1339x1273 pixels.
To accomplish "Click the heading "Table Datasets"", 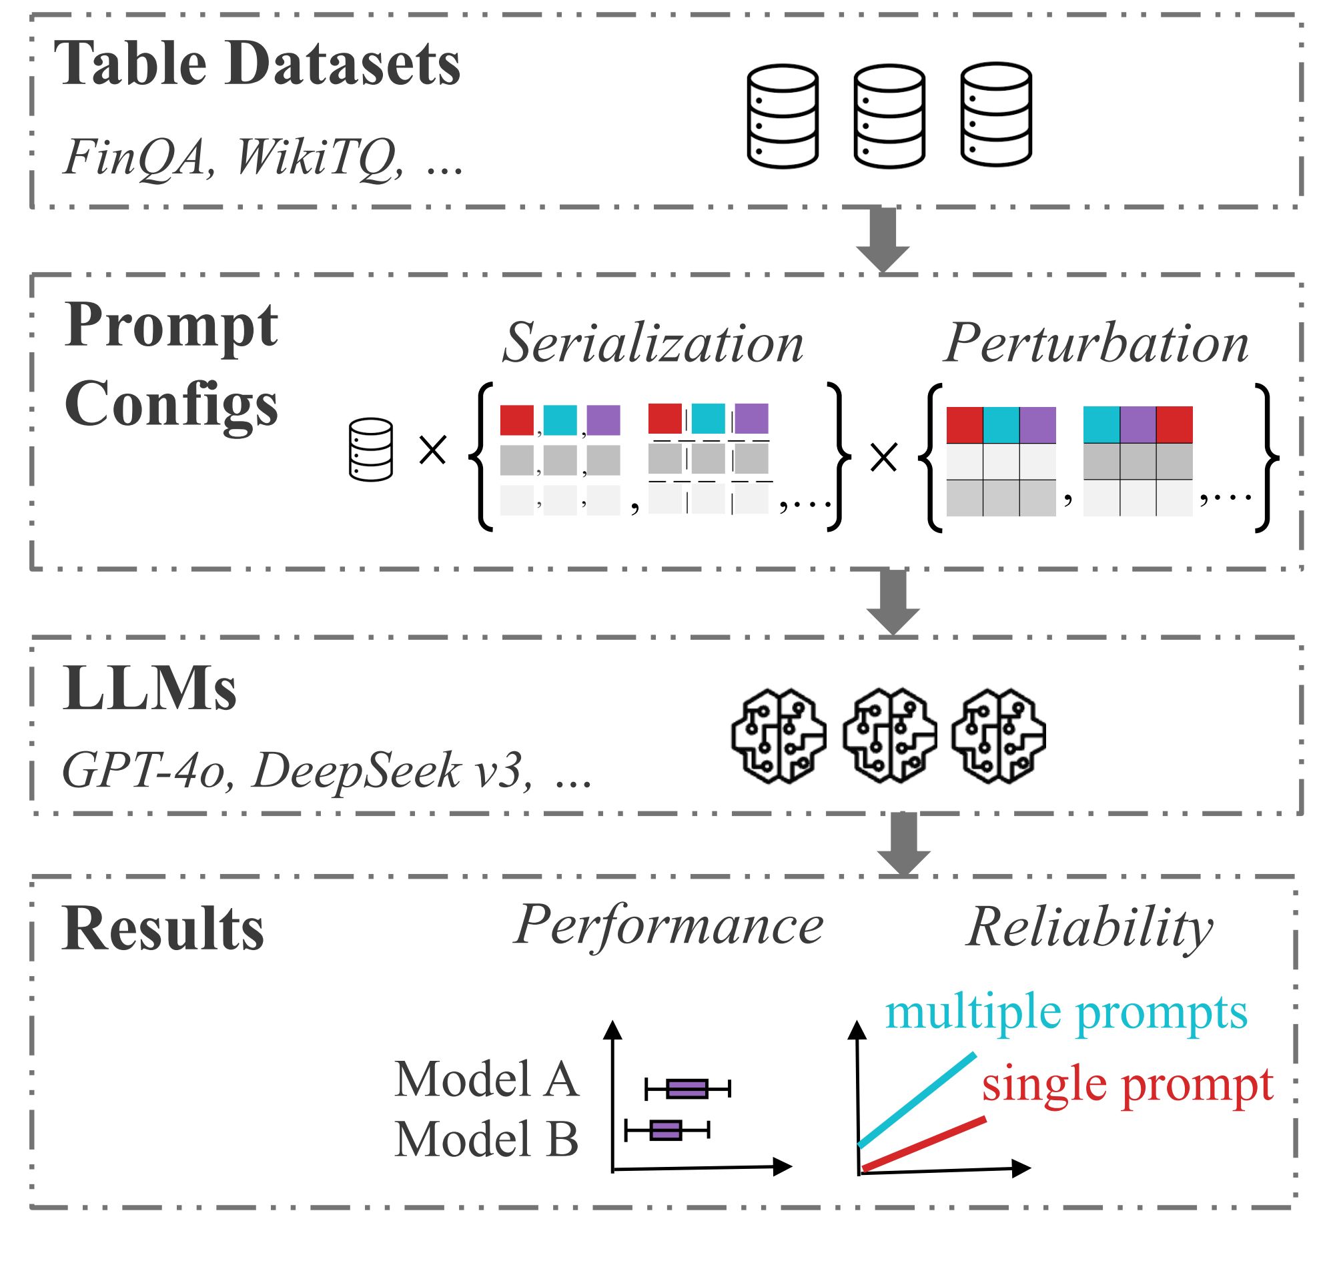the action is coord(258,64).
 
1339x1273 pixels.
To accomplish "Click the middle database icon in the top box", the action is coord(889,116).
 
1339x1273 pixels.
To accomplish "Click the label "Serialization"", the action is coord(653,344).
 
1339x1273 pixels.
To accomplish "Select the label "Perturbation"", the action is coord(1095,344).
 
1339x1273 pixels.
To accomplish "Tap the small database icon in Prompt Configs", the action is coord(370,450).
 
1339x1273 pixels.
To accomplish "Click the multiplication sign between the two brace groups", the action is coord(883,458).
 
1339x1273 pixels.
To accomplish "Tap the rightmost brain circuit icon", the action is coord(997,737).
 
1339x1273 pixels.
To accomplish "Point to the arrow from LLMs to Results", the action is coord(903,843).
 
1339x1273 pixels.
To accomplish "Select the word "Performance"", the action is coord(668,926).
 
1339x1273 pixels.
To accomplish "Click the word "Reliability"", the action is coord(1090,927).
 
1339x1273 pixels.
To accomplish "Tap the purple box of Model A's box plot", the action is coord(687,1089).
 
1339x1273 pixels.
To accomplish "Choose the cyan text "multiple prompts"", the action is coord(1066,1013).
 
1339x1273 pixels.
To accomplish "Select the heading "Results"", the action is coord(163,929).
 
